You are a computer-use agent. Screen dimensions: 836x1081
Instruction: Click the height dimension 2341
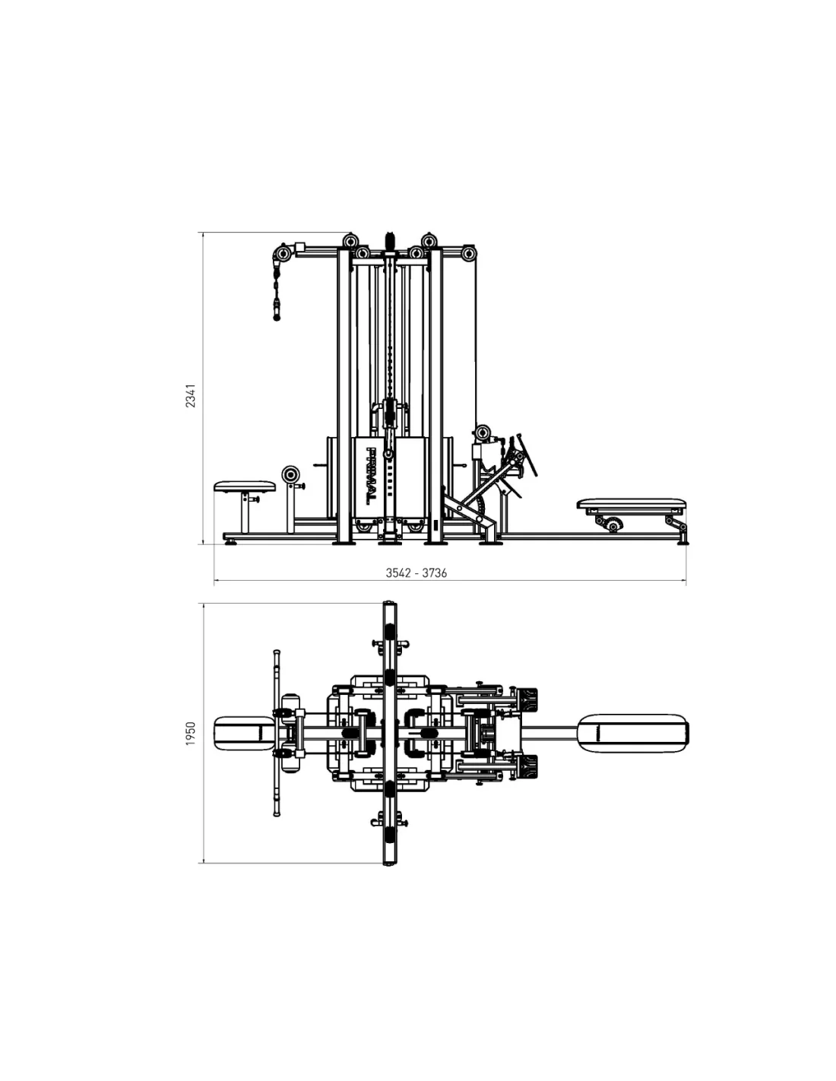(x=191, y=395)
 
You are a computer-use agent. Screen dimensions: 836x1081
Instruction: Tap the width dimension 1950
(x=191, y=734)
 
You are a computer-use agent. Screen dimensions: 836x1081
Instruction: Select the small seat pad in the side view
(x=245, y=486)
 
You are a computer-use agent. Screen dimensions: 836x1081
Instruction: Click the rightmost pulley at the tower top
(x=467, y=253)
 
